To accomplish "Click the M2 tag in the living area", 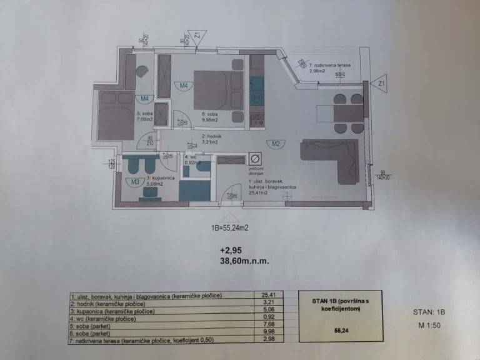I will click(x=274, y=143).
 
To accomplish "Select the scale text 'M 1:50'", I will click(x=431, y=326).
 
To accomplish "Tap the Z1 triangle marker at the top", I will click(x=196, y=35).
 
